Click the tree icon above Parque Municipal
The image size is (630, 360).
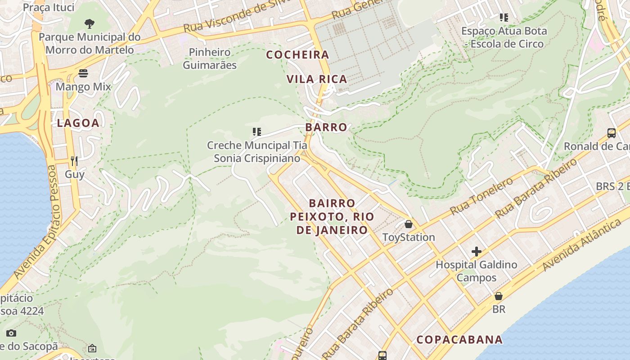[x=90, y=23]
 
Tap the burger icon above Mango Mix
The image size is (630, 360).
[x=83, y=73]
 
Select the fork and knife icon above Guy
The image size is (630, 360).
[x=74, y=161]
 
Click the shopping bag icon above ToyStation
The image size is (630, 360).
[x=409, y=224]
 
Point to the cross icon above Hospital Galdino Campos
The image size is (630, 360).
[x=476, y=251]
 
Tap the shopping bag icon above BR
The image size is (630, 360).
[x=499, y=296]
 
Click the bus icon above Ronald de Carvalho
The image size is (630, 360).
[x=612, y=133]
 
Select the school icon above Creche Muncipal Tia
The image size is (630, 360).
[x=257, y=132]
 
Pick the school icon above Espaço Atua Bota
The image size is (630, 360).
[x=504, y=18]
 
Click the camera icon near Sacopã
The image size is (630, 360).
[x=11, y=333]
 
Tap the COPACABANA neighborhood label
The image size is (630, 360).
[x=459, y=339]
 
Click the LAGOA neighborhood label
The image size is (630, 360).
[x=78, y=123]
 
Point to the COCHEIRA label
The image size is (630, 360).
[x=297, y=55]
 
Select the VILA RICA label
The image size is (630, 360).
[x=317, y=79]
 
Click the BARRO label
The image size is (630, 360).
[x=326, y=127]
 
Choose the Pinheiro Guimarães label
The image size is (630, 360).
[x=210, y=58]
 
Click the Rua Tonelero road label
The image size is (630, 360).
[x=481, y=196]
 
